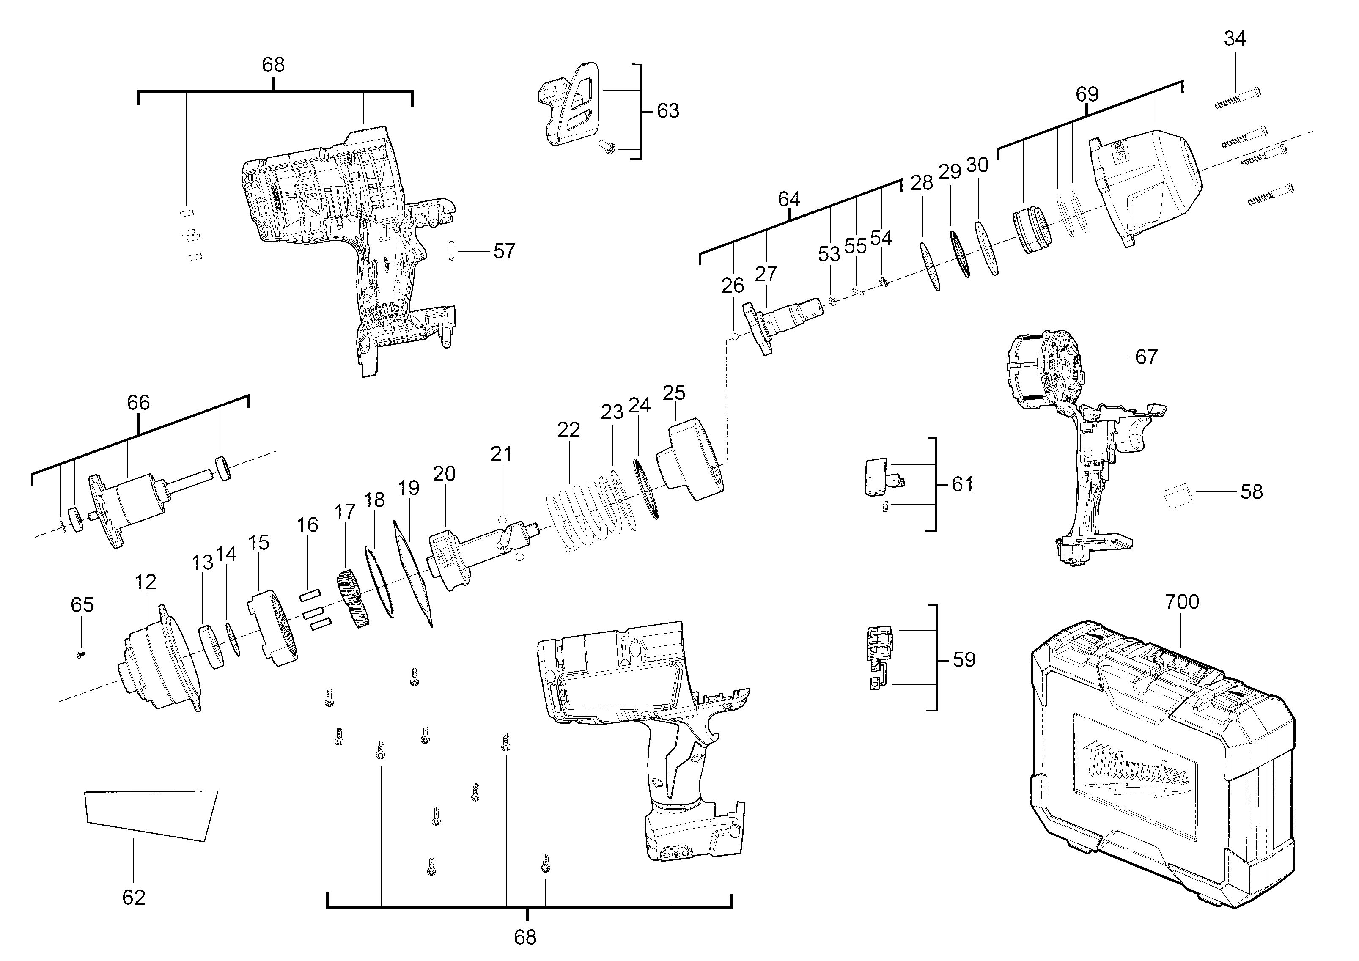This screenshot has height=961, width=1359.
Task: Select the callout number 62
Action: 133,897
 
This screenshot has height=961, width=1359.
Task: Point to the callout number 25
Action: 674,393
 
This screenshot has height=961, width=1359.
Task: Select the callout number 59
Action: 964,660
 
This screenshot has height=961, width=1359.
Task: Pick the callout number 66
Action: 138,403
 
